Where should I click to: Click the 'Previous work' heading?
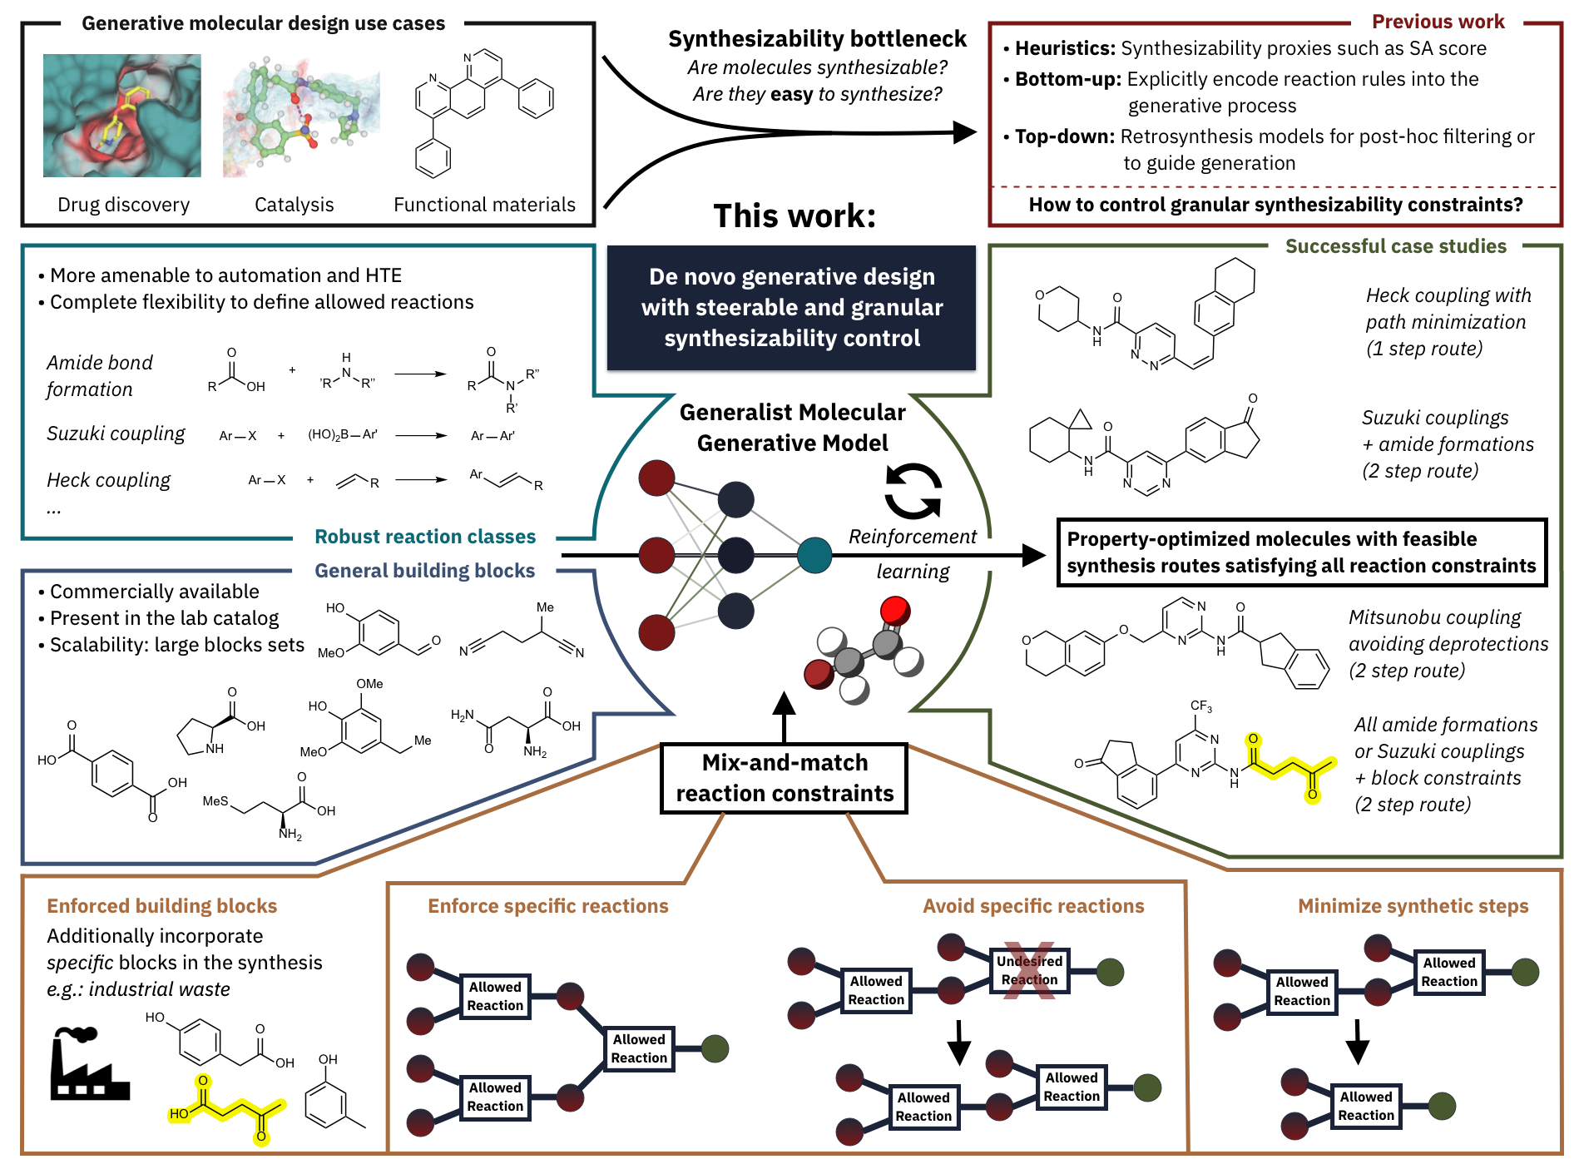click(1437, 22)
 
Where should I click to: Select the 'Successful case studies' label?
click(1395, 246)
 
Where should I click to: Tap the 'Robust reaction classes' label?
click(424, 537)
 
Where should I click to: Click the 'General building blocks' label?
click(424, 571)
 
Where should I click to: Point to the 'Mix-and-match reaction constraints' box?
click(784, 778)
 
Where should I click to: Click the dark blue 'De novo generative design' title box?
click(791, 307)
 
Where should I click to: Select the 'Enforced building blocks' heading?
click(161, 906)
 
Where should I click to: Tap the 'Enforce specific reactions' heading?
click(547, 906)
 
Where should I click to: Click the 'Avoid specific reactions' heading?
click(1032, 906)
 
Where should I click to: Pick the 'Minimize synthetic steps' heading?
click(1413, 906)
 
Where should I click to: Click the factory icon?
click(88, 1063)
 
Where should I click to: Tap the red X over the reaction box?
click(1028, 970)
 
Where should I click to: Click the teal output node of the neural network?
click(814, 555)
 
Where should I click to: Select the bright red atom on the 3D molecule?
click(895, 610)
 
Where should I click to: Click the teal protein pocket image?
click(122, 116)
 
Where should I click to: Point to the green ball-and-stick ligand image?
click(301, 113)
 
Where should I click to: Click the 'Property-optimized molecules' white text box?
click(1301, 552)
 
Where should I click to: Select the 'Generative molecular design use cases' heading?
click(263, 23)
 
